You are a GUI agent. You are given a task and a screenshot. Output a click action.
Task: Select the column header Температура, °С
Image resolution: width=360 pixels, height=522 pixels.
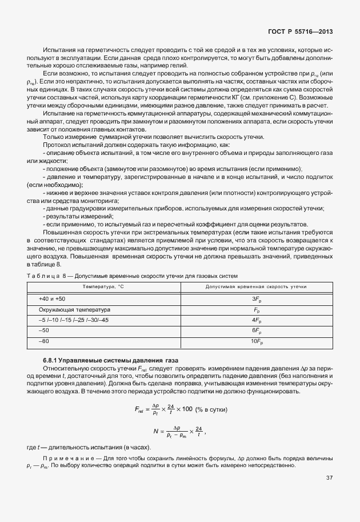(103, 286)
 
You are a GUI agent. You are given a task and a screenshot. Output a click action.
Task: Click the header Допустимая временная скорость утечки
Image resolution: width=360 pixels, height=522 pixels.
(256, 286)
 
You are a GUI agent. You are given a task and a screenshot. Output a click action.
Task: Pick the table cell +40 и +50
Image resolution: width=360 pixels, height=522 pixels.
(52, 299)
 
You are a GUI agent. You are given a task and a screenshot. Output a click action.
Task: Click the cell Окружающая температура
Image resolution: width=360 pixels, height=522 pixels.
(70, 309)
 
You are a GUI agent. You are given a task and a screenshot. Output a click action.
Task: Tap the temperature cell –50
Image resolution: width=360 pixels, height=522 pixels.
(43, 330)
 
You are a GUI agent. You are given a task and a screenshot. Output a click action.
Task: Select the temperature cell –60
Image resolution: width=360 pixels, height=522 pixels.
(43, 341)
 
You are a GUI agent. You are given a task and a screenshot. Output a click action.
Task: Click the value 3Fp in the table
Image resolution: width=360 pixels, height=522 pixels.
(256, 299)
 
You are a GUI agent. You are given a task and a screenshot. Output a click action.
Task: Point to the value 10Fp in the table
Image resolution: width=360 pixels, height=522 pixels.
(256, 341)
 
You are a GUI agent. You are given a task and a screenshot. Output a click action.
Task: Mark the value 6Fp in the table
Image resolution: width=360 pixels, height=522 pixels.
(256, 330)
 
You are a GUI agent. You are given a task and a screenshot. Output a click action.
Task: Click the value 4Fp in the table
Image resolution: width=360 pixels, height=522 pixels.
(256, 320)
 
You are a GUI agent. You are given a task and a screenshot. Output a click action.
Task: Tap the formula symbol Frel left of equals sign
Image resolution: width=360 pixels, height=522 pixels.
(140, 410)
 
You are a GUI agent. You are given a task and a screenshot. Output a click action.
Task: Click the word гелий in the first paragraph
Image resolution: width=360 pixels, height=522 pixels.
(178, 67)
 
